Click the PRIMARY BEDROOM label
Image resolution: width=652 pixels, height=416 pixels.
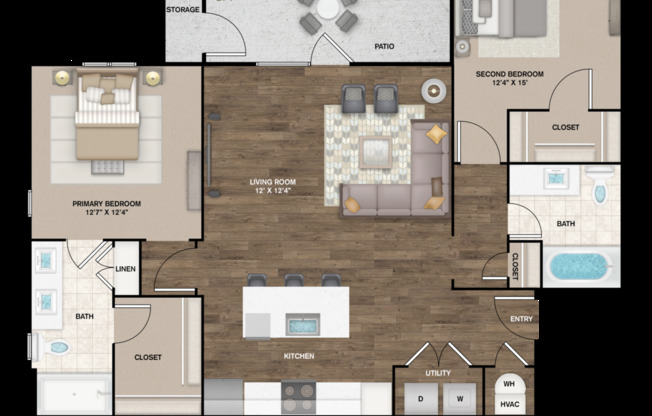(x=106, y=203)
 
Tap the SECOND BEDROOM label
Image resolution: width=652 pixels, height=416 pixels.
(x=509, y=74)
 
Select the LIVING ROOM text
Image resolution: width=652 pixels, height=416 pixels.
(x=273, y=182)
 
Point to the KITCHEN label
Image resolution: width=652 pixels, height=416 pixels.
(x=299, y=356)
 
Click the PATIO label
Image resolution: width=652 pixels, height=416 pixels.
(x=384, y=46)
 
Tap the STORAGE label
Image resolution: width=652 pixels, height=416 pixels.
(x=183, y=10)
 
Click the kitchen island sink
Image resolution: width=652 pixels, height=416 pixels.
(x=303, y=324)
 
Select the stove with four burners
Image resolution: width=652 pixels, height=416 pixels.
(x=299, y=397)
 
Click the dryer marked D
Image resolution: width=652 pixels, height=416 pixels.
(x=420, y=399)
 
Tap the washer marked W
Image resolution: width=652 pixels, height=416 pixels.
(x=459, y=399)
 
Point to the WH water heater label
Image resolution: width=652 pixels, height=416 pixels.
(x=509, y=384)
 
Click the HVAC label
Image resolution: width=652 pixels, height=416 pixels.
(x=509, y=404)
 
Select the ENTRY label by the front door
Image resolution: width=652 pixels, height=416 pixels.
(x=521, y=319)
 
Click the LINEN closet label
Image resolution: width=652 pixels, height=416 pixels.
(x=125, y=269)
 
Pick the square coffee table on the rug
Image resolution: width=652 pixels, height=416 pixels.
(x=375, y=152)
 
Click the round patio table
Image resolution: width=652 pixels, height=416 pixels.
(x=328, y=9)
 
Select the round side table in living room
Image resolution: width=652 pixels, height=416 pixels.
(x=434, y=91)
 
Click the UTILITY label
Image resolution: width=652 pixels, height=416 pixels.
(x=438, y=373)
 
